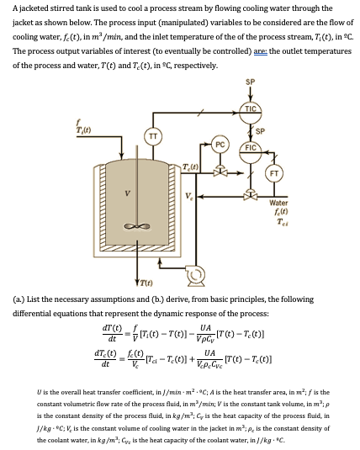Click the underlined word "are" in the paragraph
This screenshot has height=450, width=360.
point(243,50)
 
